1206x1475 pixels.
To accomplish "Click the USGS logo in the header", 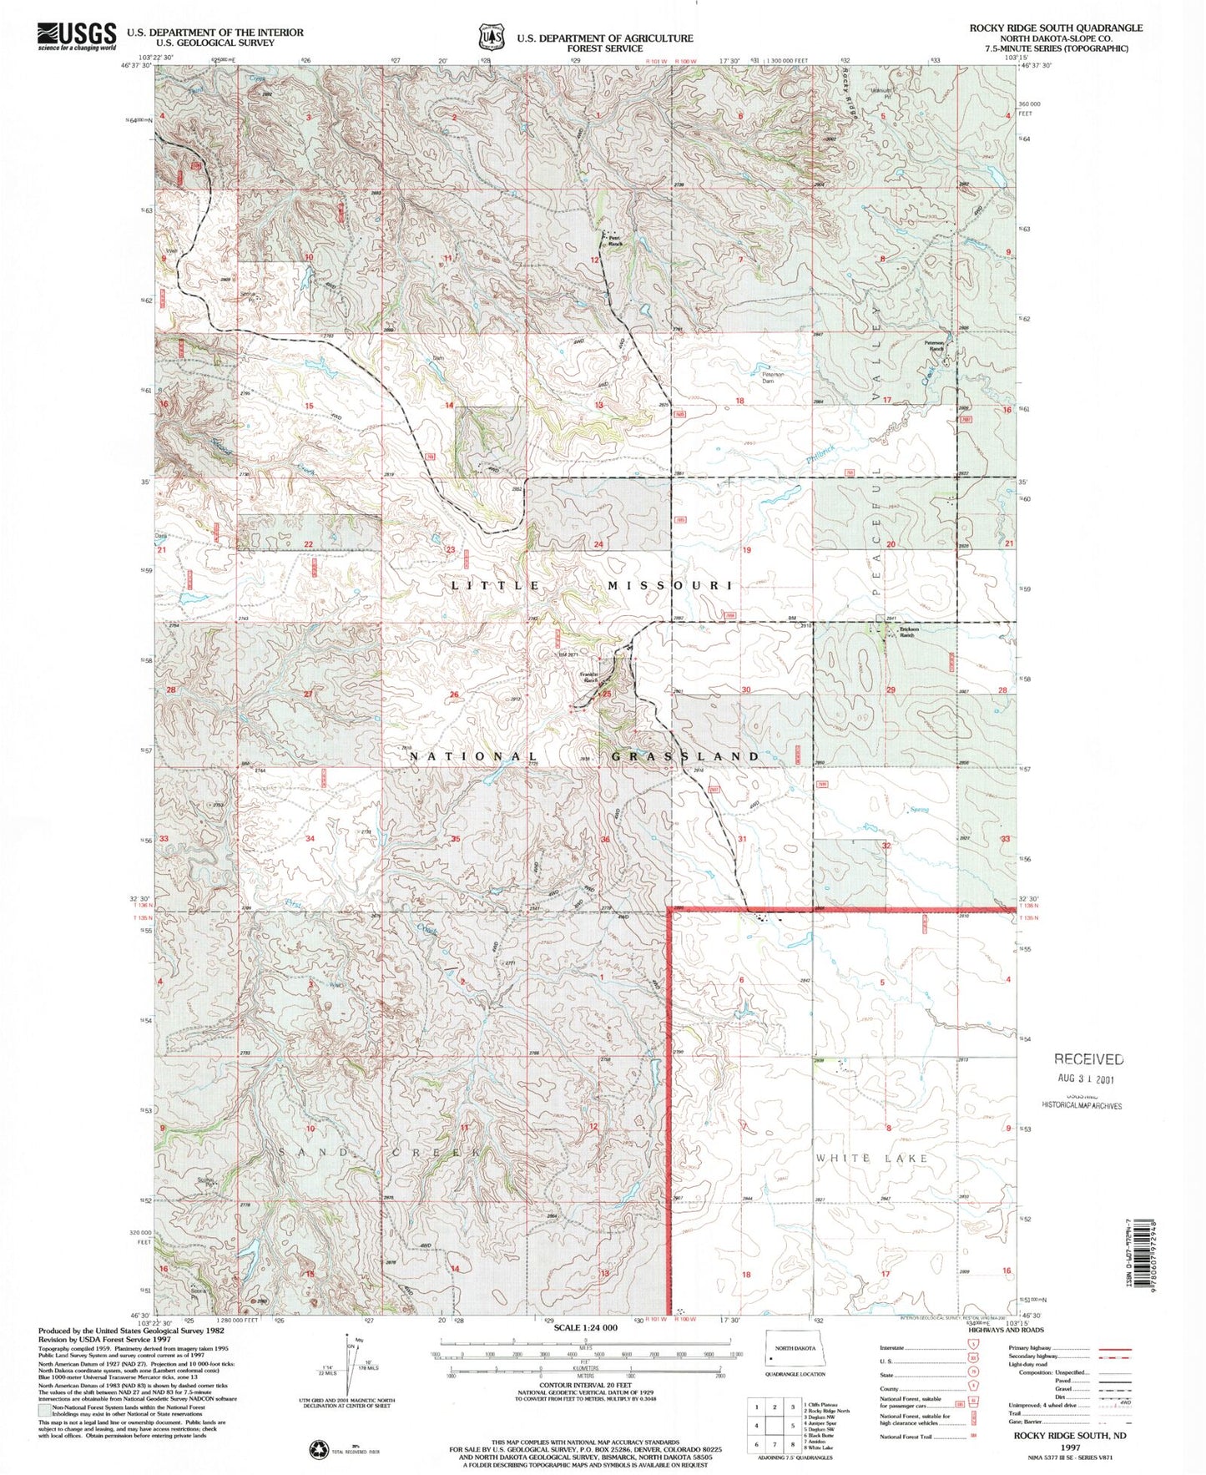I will click(x=77, y=36).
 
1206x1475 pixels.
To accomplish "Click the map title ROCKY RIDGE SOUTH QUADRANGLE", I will click(x=1055, y=28).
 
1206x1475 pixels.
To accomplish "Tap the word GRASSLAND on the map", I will click(x=685, y=756).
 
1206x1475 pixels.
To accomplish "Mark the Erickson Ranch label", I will click(x=908, y=632).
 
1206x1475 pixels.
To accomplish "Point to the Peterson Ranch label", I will click(x=933, y=345).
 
